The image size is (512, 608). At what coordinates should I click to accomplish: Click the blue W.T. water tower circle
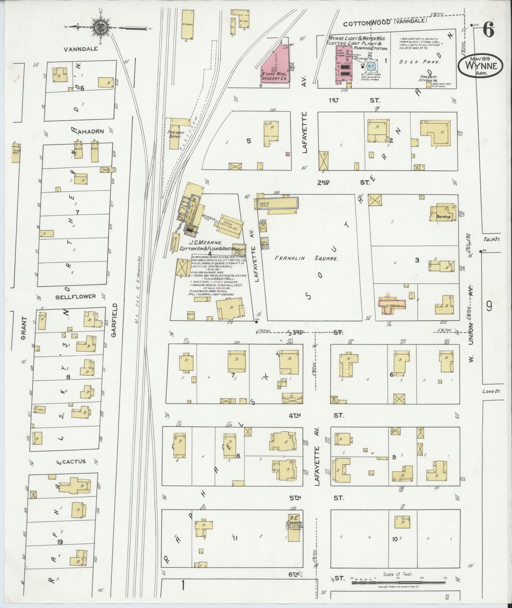coord(371,66)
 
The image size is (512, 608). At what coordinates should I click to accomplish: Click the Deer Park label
coord(419,62)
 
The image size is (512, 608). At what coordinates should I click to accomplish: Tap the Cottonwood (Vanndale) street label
coord(385,23)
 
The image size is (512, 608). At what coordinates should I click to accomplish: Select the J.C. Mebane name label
coord(205,243)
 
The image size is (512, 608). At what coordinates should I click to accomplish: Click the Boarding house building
coord(442,214)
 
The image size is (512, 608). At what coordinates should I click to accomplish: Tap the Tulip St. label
coord(491,239)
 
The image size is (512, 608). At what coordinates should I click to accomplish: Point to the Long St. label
coord(491,391)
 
